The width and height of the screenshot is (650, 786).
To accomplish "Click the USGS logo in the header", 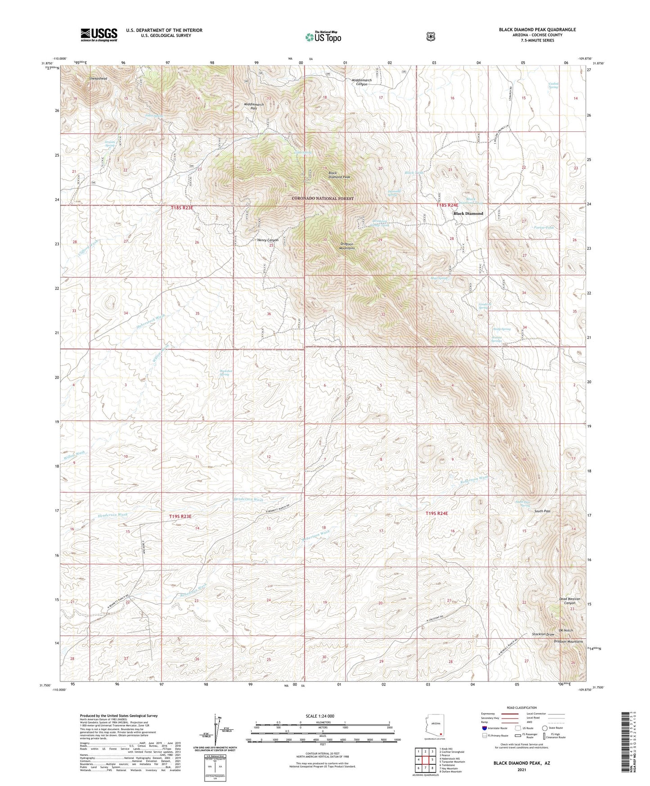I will point(99,35).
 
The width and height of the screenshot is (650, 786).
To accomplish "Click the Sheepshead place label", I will point(98,78).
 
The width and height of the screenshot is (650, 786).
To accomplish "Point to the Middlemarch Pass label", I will point(254,106).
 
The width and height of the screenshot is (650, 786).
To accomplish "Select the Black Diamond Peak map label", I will point(339,175).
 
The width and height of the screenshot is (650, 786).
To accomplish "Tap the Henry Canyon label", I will point(268,240).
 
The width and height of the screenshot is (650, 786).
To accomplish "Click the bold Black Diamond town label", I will point(468,213).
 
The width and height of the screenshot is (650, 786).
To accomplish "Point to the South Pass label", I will point(542,511).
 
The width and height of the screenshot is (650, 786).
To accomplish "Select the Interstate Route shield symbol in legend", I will point(484,727).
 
